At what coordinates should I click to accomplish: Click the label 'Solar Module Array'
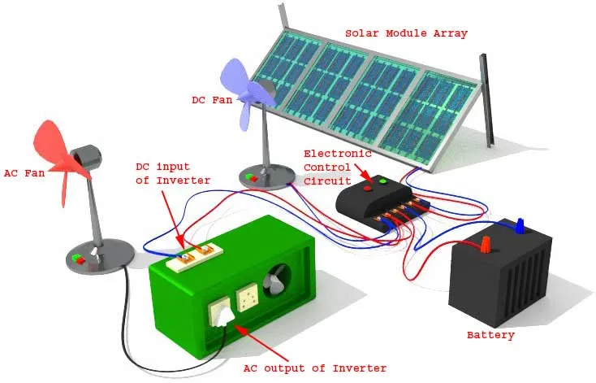pos(406,33)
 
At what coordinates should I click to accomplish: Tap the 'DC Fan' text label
pos(212,100)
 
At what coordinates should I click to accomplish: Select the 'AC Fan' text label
pos(24,173)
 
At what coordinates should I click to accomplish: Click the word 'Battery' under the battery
pos(490,335)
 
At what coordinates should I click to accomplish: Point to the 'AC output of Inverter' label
pos(315,368)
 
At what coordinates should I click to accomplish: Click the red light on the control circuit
pos(368,188)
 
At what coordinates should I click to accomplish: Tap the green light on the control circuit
pos(382,181)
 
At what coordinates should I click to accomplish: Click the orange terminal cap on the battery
pos(485,244)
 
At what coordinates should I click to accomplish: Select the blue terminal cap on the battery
pos(520,225)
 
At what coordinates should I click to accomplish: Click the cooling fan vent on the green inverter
pos(277,281)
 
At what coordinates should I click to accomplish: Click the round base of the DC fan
pos(267,176)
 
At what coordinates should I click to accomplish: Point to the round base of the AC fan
pos(100,257)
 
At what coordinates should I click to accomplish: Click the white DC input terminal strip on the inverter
pos(195,256)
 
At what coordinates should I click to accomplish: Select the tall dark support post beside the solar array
pos(486,101)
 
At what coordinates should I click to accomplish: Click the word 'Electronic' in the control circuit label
pos(338,154)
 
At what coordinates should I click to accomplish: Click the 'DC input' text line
pos(162,168)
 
